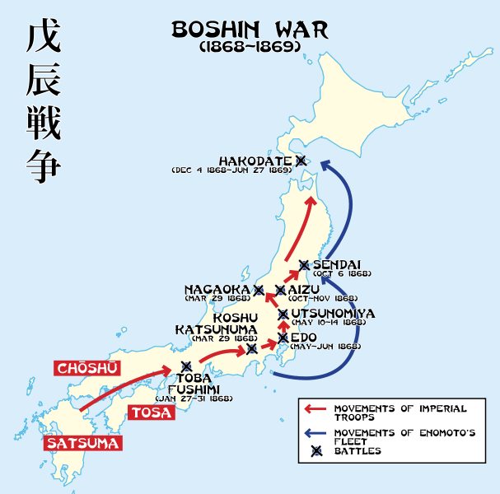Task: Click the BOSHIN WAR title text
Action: point(249,30)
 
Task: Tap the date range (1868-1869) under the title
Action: point(249,48)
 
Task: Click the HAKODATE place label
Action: point(255,161)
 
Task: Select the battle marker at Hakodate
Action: point(301,161)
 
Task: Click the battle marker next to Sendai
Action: point(304,264)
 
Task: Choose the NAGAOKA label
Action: point(217,289)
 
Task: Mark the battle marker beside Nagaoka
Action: point(259,290)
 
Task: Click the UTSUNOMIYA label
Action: point(333,314)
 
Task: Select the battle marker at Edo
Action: point(283,338)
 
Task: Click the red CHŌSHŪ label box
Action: point(86,367)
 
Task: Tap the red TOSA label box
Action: point(152,412)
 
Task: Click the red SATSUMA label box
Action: point(84,443)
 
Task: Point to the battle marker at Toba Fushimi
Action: point(186,366)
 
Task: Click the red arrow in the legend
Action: point(316,409)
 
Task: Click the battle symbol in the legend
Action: point(316,451)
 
